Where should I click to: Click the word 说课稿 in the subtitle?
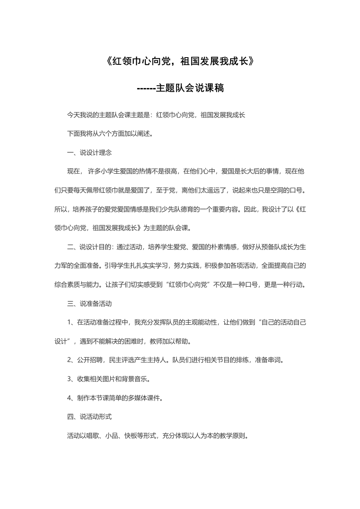click(209, 88)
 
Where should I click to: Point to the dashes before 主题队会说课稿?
click(146, 88)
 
